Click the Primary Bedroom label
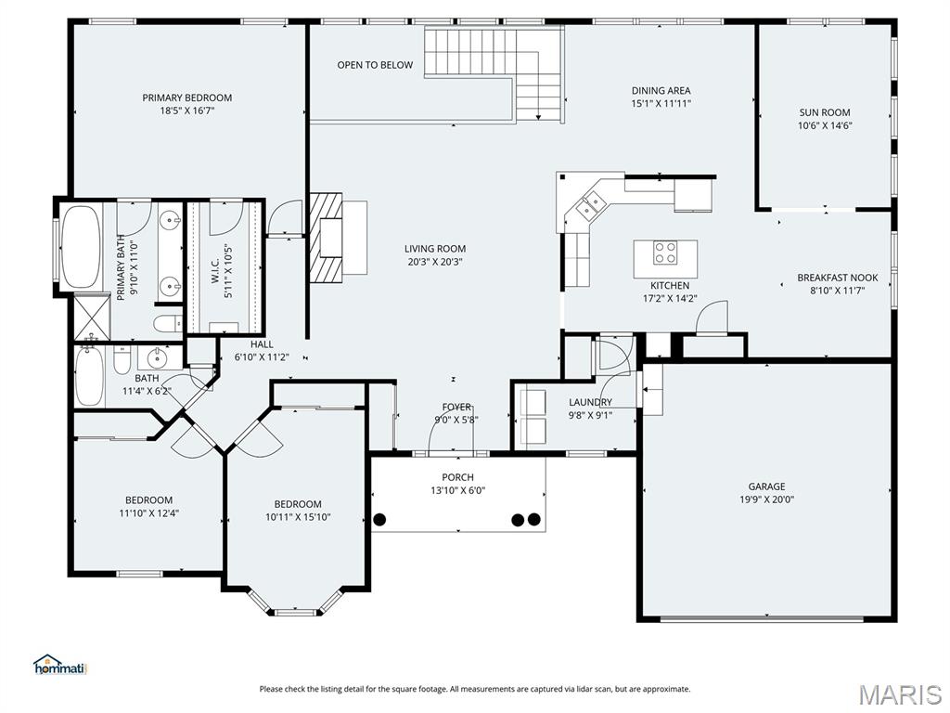pyautogui.click(x=186, y=97)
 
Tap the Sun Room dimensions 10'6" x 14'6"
pyautogui.click(x=825, y=125)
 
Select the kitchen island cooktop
pyautogui.click(x=665, y=251)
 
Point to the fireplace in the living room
pyautogui.click(x=326, y=238)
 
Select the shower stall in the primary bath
pyautogui.click(x=90, y=316)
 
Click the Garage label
pyautogui.click(x=766, y=486)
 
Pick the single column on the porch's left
pyautogui.click(x=379, y=519)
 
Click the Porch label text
pyautogui.click(x=457, y=477)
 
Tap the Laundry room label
pyautogui.click(x=590, y=402)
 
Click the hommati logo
pyautogui.click(x=59, y=665)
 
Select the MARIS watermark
pyautogui.click(x=899, y=694)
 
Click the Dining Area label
pyautogui.click(x=661, y=91)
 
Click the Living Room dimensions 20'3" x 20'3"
pyautogui.click(x=434, y=262)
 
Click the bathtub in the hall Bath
pyautogui.click(x=89, y=376)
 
